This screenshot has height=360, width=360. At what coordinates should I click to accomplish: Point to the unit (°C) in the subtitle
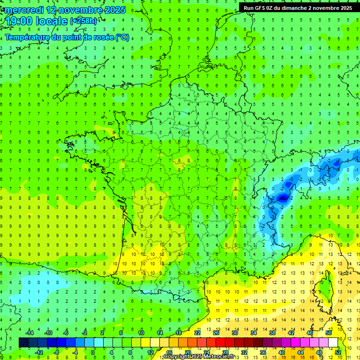(x=122, y=37)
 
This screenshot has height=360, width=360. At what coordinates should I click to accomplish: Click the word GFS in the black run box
(x=261, y=8)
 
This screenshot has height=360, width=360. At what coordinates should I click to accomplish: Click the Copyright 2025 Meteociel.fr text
(x=199, y=357)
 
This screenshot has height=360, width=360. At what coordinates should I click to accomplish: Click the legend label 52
(x=337, y=352)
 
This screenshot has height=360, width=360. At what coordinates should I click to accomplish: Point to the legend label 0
(x=93, y=352)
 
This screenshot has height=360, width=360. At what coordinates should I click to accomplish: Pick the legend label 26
(x=216, y=332)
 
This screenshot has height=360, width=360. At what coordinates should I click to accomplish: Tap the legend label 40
(x=281, y=352)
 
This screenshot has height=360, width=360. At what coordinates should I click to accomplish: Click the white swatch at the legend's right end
(x=333, y=342)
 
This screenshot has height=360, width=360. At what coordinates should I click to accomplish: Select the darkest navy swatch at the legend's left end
(x=23, y=342)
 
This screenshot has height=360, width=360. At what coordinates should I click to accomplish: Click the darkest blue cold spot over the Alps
(x=283, y=198)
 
